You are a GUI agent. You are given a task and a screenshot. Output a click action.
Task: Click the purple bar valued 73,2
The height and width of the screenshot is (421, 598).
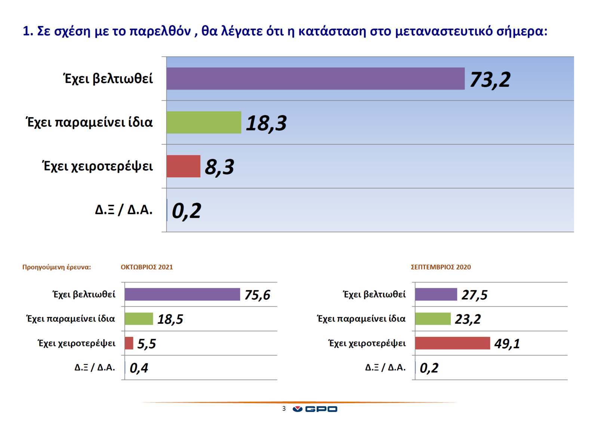tap(315, 79)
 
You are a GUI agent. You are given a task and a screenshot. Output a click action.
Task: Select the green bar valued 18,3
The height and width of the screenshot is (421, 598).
tap(204, 122)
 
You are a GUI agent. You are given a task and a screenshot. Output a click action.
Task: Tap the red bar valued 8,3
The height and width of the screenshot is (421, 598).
tap(183, 166)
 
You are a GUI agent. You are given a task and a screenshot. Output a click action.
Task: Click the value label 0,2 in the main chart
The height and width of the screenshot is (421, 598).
tap(186, 210)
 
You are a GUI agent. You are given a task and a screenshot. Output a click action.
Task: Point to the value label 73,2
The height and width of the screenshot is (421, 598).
tap(490, 79)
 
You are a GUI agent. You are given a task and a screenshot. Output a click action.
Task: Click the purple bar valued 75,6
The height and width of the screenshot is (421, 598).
tap(182, 294)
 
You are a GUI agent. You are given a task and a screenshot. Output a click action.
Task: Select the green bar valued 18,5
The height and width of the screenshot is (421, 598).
tap(139, 319)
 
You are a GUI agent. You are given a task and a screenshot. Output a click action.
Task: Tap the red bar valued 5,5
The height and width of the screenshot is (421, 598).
tap(129, 343)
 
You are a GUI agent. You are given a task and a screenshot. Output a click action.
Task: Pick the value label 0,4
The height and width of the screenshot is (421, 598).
tap(139, 368)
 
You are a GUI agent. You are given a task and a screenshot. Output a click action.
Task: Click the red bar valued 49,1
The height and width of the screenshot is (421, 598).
tap(452, 343)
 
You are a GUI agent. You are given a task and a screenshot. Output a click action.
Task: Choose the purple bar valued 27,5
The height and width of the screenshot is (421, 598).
tap(436, 294)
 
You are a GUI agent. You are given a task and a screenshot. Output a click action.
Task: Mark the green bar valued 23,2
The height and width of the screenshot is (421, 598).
tap(433, 319)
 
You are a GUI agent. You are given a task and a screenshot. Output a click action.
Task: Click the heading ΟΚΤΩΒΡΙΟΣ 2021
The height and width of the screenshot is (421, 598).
tap(147, 267)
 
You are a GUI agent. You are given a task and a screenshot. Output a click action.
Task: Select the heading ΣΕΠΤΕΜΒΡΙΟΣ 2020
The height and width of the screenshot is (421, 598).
tap(441, 267)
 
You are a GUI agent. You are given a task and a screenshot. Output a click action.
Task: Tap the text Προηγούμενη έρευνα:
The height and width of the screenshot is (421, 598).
tap(56, 267)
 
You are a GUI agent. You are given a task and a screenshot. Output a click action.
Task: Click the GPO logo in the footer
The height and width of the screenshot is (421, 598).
tap(315, 409)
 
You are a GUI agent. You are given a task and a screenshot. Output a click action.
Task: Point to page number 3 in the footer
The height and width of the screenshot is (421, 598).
tap(284, 409)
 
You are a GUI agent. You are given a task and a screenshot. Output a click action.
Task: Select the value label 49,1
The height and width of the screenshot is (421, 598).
tap(507, 343)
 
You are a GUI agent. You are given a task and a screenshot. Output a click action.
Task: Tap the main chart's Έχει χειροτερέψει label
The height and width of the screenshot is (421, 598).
tap(98, 166)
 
